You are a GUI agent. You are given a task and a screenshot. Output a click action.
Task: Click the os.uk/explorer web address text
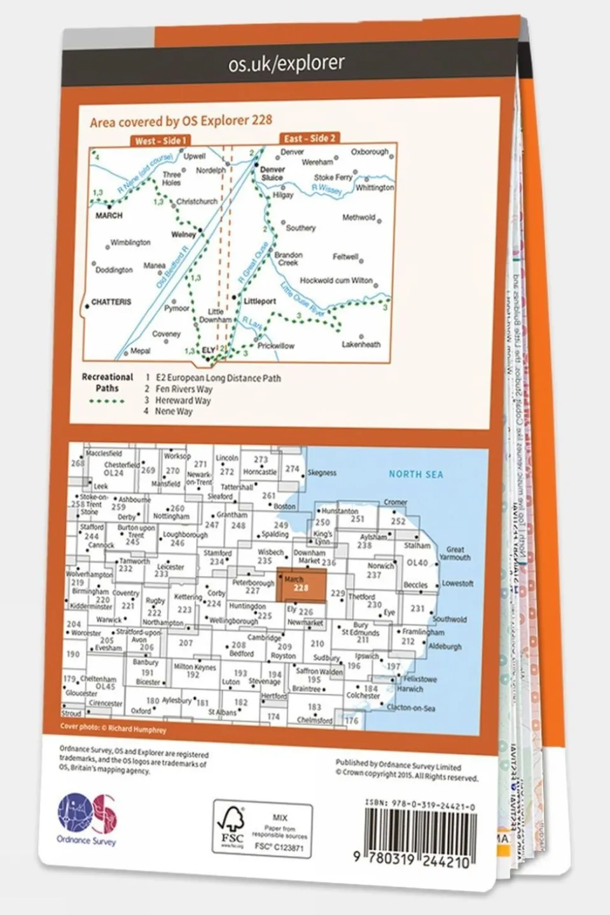tap(286, 63)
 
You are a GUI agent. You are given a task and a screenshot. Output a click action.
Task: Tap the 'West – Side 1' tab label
tap(160, 141)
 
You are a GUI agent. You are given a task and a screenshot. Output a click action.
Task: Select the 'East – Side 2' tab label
tap(309, 138)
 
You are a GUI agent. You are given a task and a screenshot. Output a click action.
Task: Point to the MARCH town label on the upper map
tap(109, 216)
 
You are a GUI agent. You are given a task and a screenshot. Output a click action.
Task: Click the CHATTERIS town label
tap(111, 302)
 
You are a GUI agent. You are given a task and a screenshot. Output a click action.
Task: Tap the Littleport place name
tap(260, 301)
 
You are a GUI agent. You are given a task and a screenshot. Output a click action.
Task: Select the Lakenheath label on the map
tap(361, 345)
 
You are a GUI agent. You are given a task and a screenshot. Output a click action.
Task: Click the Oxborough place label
tap(370, 152)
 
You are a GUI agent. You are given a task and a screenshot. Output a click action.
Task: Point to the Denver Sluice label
tap(272, 174)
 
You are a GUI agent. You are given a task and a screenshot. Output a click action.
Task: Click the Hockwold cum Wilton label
tap(336, 280)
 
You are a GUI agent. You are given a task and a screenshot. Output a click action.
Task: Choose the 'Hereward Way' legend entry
tap(183, 400)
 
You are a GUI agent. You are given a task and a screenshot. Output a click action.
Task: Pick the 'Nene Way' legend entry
tap(174, 411)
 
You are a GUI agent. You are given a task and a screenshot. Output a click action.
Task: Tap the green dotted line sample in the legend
tap(107, 401)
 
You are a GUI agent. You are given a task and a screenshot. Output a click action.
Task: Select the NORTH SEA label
tap(416, 474)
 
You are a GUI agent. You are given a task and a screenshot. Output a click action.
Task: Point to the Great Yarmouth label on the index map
tap(455, 553)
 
